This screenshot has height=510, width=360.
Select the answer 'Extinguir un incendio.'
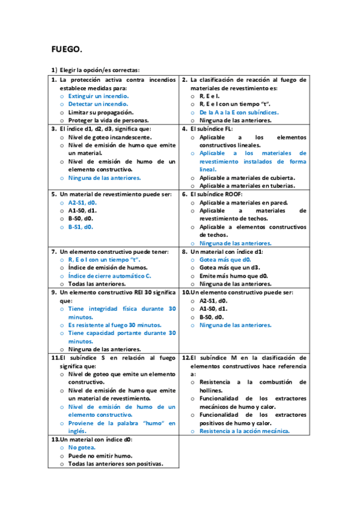coord(98,96)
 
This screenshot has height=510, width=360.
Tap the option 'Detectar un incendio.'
coord(97,104)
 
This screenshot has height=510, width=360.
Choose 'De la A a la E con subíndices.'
coord(239,112)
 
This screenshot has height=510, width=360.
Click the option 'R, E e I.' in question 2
coord(209,96)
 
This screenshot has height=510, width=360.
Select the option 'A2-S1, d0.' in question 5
coord(82,203)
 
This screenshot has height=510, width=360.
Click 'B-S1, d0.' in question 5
coord(81,227)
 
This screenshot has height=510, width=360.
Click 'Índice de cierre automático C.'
coord(109,275)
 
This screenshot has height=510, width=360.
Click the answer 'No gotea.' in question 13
coord(82,447)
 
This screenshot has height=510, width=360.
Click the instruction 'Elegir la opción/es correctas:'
coord(99,70)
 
